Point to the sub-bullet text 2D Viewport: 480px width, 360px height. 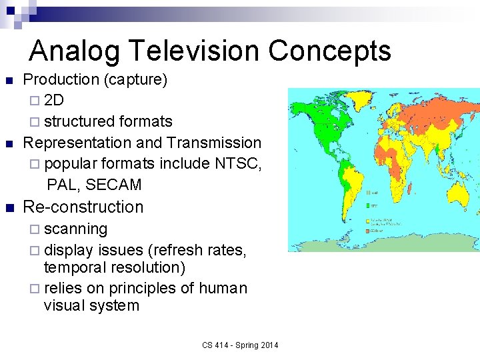(x=54, y=101)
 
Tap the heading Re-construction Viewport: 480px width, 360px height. (x=83, y=207)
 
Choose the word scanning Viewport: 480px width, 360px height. (x=75, y=229)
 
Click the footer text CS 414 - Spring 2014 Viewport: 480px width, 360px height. (x=240, y=345)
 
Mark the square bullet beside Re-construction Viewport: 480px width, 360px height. (x=9, y=207)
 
